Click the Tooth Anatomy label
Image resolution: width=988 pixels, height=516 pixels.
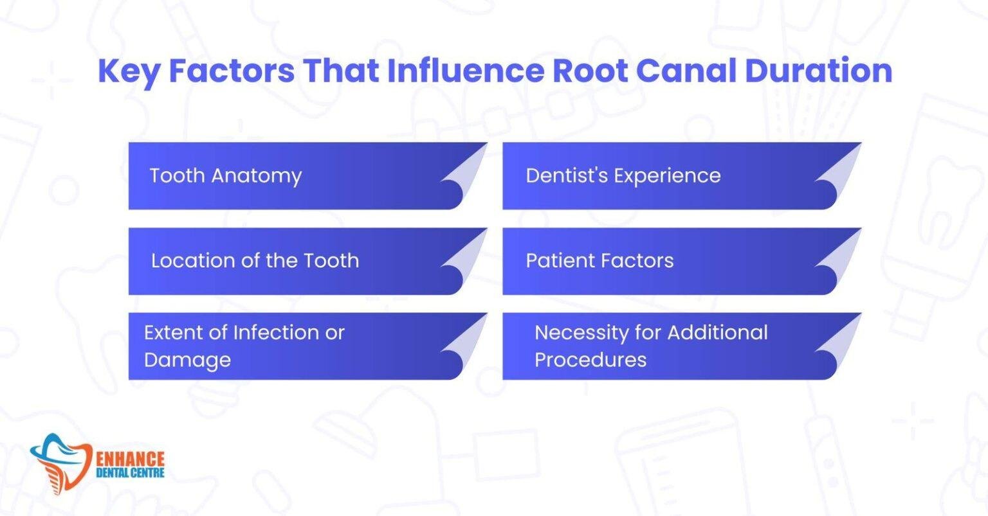[x=226, y=175]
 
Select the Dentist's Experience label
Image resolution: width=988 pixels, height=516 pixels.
[x=623, y=175]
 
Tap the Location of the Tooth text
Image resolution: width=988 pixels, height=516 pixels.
[x=255, y=260]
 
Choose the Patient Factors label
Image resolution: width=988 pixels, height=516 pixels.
[x=599, y=260]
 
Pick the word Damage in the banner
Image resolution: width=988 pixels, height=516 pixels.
[x=187, y=360]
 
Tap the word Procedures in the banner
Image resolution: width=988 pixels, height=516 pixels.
[x=590, y=360]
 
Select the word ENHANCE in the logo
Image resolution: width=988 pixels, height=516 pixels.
[x=130, y=459]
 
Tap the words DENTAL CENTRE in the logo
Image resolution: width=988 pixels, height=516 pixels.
[x=130, y=474]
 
